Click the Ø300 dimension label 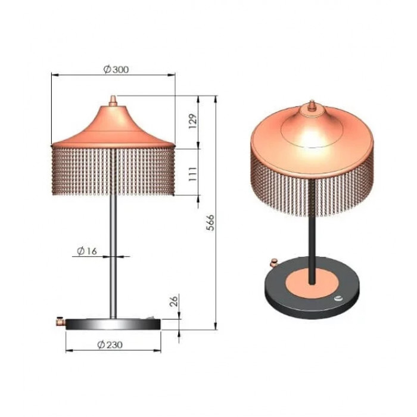(116, 70)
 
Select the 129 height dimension (194, 122)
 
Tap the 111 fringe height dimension (194, 174)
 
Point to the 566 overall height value (210, 223)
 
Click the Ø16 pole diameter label (87, 251)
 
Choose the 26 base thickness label (173, 301)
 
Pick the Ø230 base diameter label (110, 345)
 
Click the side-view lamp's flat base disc (113, 325)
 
